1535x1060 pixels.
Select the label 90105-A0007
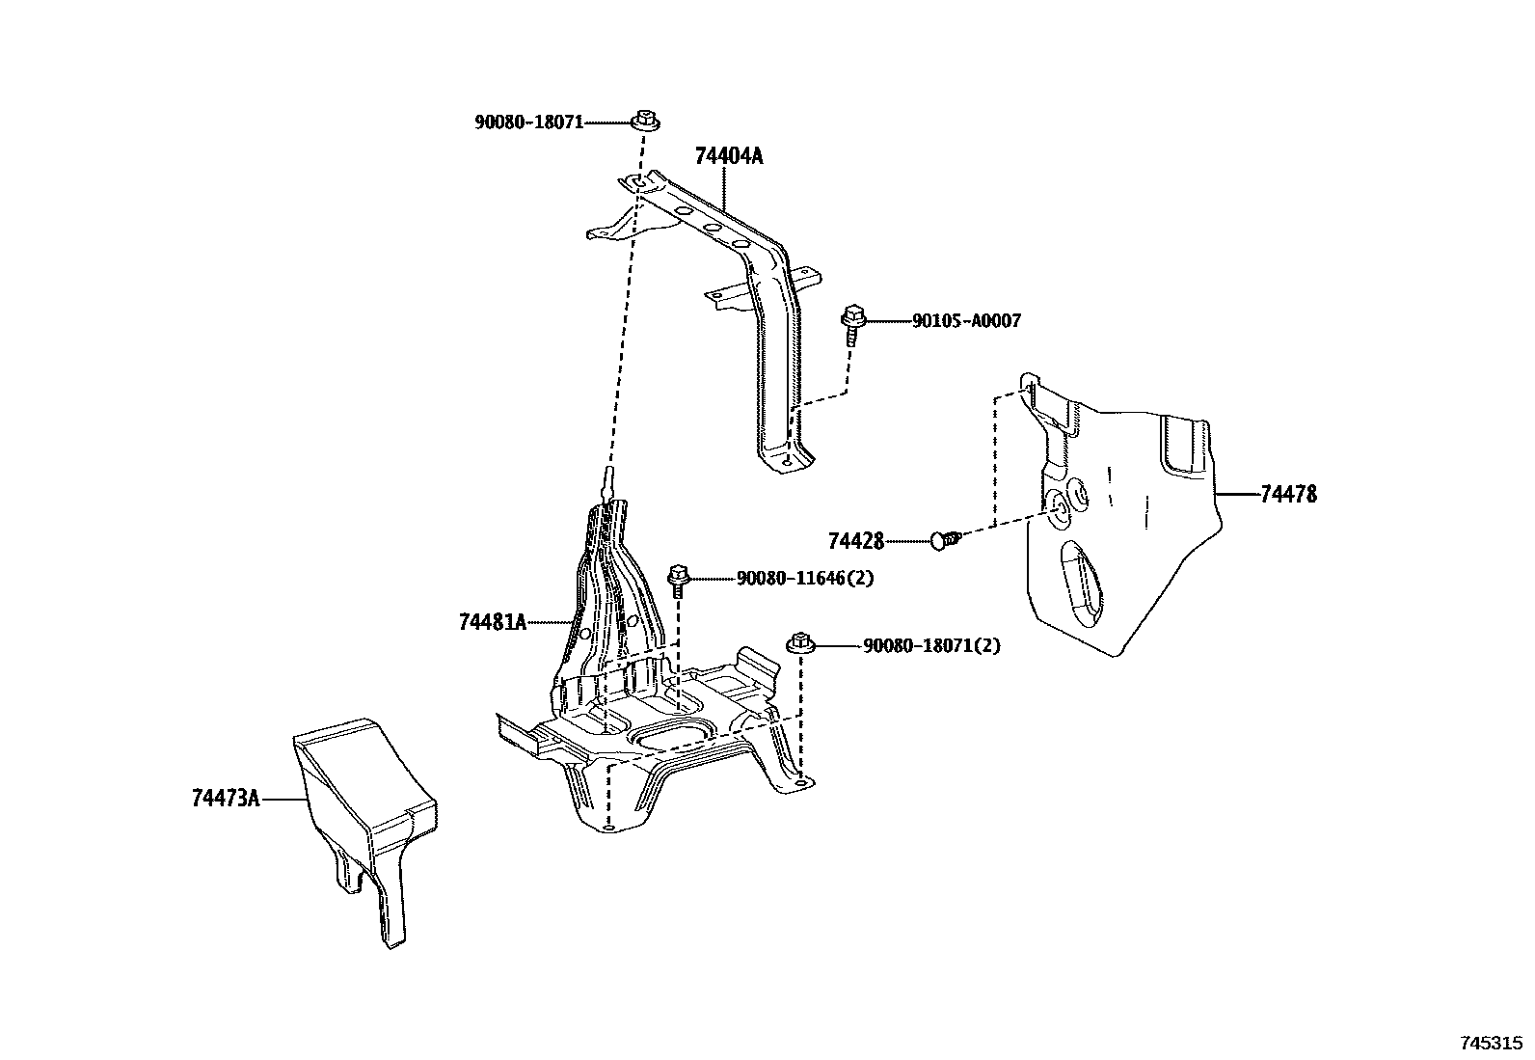click(x=965, y=321)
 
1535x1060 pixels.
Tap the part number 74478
click(x=1288, y=495)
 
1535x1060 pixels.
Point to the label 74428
click(x=855, y=542)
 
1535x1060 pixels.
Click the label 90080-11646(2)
click(x=805, y=579)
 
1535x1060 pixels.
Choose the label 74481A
click(x=492, y=622)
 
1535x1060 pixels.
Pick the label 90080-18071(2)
click(x=930, y=646)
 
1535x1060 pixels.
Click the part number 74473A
click(x=226, y=799)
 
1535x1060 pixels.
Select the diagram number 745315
click(x=1491, y=1044)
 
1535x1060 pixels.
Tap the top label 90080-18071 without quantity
click(x=528, y=122)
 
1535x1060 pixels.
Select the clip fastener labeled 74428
click(x=945, y=539)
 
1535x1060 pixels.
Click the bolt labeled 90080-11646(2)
click(x=678, y=581)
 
